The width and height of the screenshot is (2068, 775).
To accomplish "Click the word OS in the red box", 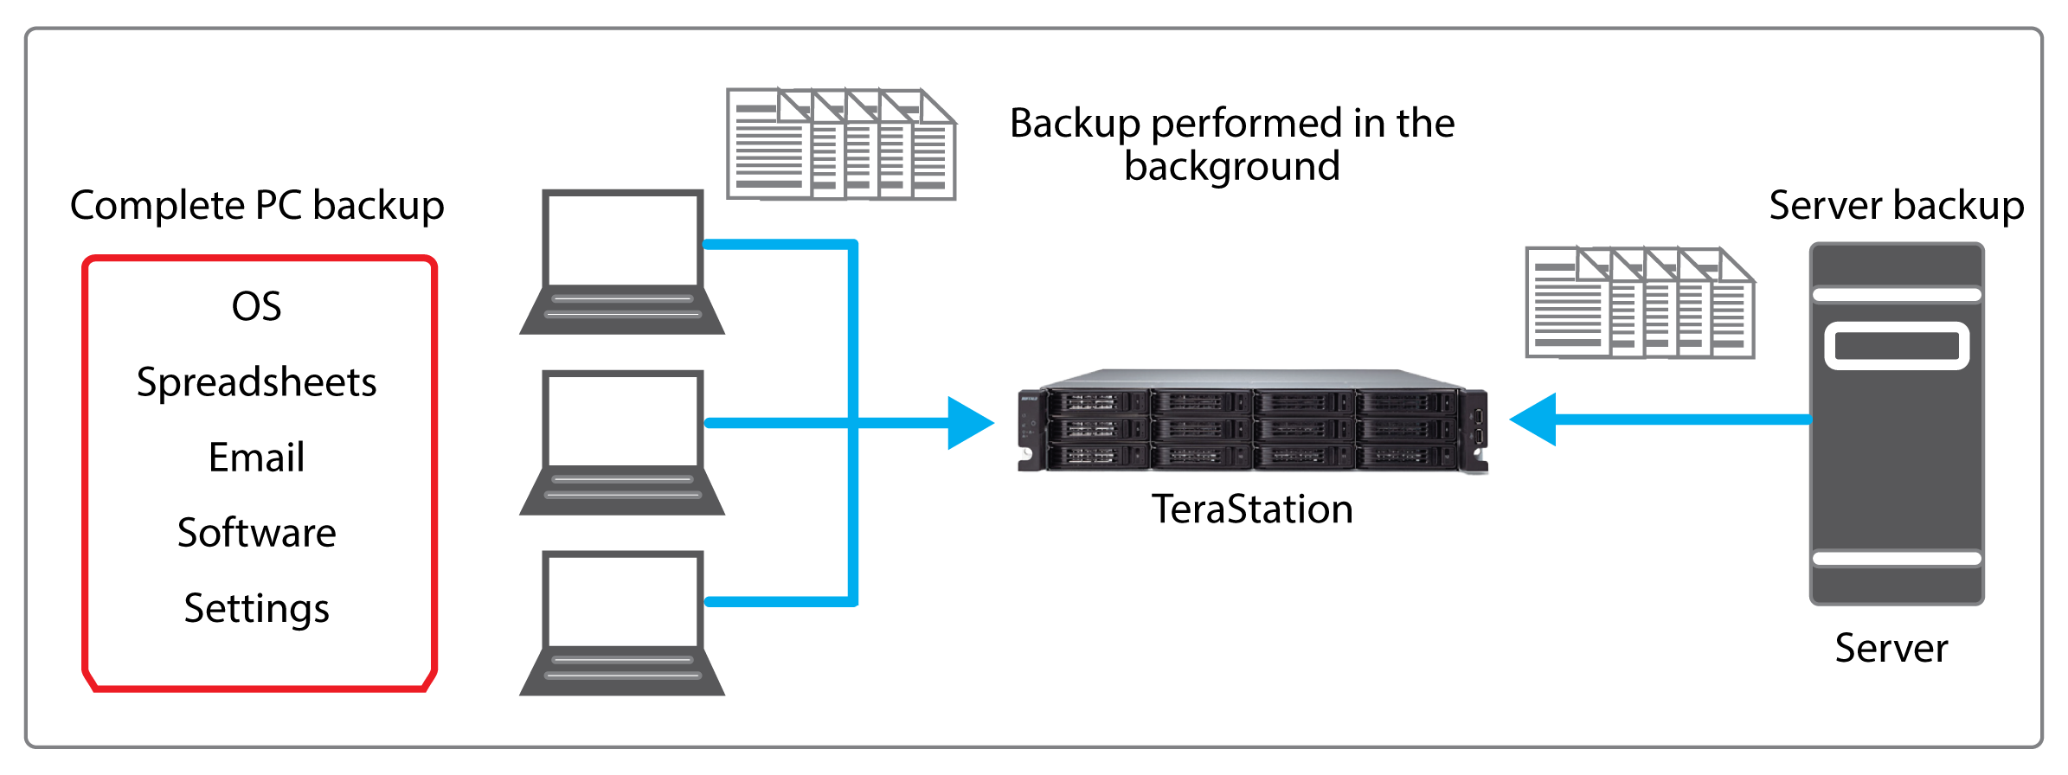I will (256, 306).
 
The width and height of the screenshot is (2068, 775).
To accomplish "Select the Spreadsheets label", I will (256, 382).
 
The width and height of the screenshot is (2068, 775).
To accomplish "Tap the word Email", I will (256, 458).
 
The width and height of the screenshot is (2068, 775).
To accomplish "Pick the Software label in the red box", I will (256, 533).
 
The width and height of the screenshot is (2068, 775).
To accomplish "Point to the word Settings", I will (256, 608).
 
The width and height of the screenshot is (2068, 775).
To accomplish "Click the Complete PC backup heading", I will (256, 206).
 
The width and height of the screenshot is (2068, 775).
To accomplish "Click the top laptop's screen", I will (622, 240).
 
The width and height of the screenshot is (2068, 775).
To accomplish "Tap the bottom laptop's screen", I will (622, 600).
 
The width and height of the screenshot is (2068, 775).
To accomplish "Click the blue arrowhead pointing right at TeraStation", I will (969, 423).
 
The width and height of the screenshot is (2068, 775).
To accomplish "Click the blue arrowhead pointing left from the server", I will (1535, 420).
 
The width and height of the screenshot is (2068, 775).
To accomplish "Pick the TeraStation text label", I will (1252, 509).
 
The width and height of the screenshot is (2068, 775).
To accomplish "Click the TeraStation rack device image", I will (1252, 421).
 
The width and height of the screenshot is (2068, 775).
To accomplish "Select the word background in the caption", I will (1231, 166).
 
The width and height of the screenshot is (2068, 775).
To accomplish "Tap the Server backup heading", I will (1896, 206).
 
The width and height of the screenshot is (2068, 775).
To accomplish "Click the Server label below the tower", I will (1891, 648).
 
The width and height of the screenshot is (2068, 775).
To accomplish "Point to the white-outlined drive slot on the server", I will (1897, 346).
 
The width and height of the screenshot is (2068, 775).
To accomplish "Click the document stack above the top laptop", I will (840, 144).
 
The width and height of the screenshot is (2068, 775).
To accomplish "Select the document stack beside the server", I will (1639, 303).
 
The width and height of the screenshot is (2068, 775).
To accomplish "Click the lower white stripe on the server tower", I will (1897, 559).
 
